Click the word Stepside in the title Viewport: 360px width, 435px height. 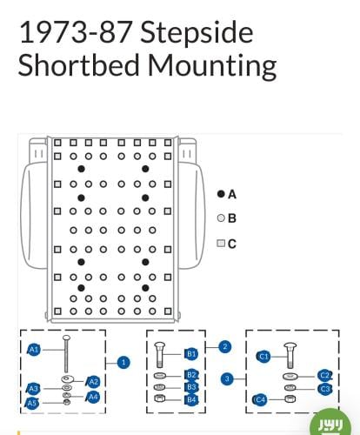[197, 32]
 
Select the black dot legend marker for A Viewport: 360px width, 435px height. [221, 194]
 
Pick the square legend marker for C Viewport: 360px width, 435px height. [221, 243]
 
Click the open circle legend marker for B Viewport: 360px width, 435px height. [221, 218]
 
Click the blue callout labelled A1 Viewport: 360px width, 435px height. [34, 350]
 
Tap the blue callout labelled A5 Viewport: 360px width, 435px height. [32, 403]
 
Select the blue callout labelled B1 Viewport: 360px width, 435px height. [191, 354]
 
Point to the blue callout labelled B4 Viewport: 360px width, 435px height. [191, 400]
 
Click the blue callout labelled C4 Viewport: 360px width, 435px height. [260, 400]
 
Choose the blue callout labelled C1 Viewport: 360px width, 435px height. [263, 357]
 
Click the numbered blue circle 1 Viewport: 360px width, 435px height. [123, 363]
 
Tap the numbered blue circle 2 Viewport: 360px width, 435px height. [225, 346]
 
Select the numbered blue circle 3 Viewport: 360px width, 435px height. [227, 378]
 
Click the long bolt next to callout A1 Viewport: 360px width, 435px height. [66, 354]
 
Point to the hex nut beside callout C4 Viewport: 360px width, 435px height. [289, 398]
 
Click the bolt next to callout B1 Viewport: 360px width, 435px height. [160, 355]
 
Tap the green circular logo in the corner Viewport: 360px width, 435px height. [331, 422]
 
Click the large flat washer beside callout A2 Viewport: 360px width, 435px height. [68, 379]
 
